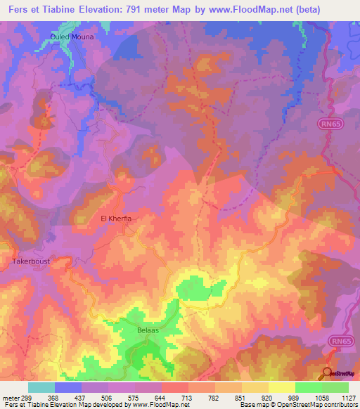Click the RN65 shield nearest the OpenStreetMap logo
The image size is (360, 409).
(x=340, y=340)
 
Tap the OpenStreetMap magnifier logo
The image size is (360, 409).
(x=328, y=373)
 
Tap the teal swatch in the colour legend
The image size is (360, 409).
(x=41, y=387)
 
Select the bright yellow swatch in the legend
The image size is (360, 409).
(x=281, y=387)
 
